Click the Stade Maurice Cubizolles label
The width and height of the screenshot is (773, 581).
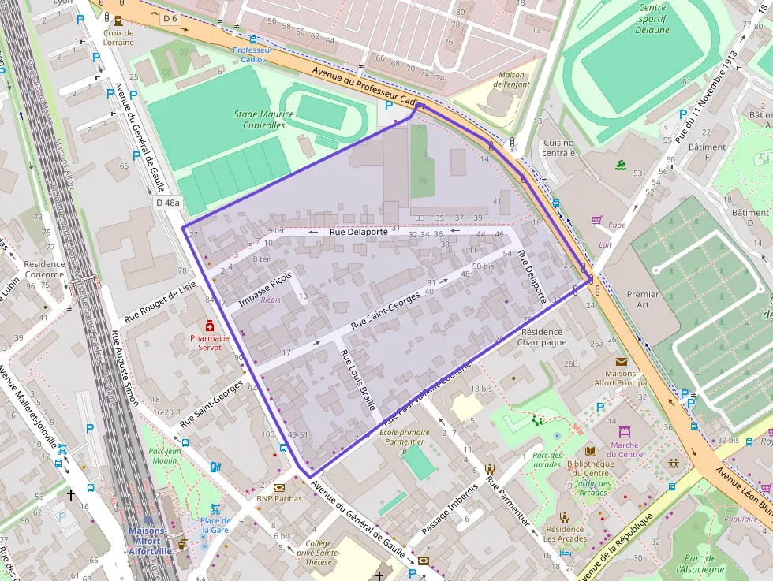[263, 119]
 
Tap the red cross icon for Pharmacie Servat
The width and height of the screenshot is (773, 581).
[210, 326]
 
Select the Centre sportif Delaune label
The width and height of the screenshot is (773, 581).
[652, 19]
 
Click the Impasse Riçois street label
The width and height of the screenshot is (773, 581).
[265, 289]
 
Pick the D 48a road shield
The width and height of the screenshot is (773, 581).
[166, 203]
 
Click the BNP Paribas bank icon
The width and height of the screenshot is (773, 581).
[279, 487]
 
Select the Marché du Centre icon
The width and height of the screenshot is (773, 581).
[625, 432]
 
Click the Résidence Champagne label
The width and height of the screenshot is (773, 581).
[543, 337]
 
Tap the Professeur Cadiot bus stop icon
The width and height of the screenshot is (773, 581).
[252, 39]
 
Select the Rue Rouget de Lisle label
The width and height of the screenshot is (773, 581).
[159, 303]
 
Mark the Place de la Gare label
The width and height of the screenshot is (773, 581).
[215, 525]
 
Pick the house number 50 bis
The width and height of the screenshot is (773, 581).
[482, 266]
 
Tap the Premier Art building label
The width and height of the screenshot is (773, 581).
[642, 300]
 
